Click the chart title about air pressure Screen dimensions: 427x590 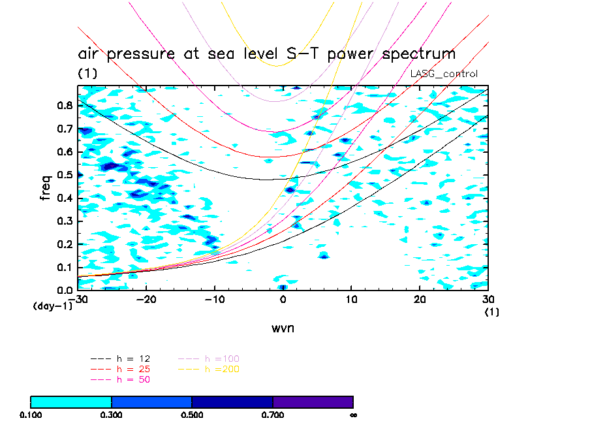tap(266, 54)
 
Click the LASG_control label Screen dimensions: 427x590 tap(444, 74)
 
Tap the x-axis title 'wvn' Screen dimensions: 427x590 tap(283, 328)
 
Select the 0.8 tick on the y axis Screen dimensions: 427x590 tap(65, 105)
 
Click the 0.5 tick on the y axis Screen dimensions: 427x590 tap(65, 174)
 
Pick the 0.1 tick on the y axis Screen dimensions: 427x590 tap(65, 267)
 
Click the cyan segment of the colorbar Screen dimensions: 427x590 tap(71, 402)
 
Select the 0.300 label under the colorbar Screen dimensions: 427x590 tap(112, 414)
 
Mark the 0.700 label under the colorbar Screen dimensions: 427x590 tap(273, 414)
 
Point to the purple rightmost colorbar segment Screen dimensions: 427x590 tap(313, 402)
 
